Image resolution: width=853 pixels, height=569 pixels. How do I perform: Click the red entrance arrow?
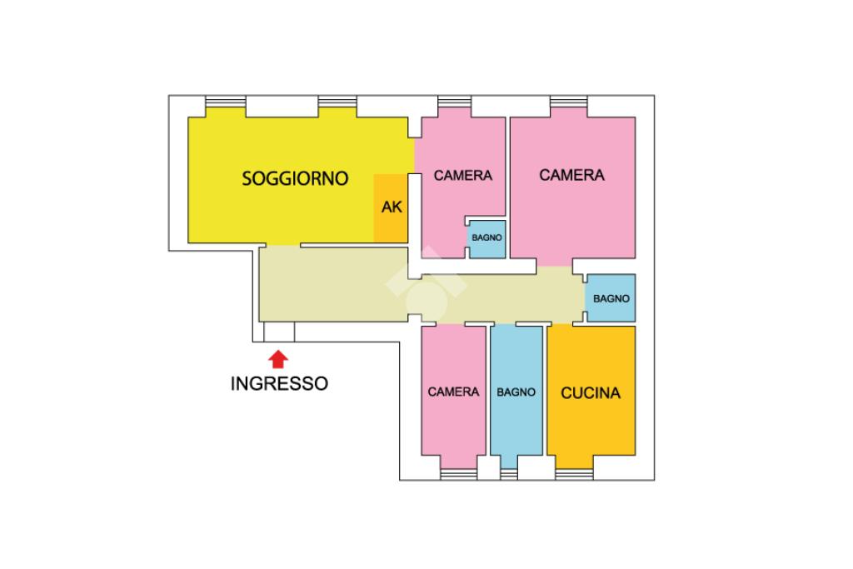279,358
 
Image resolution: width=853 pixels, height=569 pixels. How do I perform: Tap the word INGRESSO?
279,384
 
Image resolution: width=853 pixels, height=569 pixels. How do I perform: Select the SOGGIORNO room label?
294,177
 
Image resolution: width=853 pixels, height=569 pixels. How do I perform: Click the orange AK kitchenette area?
391,208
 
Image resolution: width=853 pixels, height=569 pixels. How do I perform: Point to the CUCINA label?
591,393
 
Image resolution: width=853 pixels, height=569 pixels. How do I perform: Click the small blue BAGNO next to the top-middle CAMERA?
486,238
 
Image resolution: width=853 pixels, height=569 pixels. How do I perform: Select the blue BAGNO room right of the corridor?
611,298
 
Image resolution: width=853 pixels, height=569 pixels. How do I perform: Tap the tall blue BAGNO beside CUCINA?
516,392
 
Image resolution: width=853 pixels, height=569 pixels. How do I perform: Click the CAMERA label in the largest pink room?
571,176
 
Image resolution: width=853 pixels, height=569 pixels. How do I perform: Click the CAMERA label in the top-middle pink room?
463,176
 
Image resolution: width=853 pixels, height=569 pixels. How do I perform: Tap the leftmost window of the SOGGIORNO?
225,102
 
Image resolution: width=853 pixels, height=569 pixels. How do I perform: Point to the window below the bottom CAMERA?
458,474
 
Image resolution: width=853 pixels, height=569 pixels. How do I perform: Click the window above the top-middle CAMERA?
456,102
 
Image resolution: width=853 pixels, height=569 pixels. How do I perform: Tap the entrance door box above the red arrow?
279,332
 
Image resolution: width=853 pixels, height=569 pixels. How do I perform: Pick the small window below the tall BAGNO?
509,475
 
